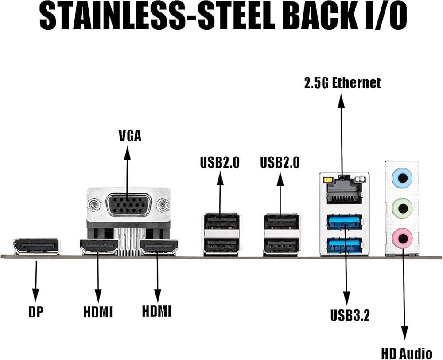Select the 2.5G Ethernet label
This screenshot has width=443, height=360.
click(x=342, y=83)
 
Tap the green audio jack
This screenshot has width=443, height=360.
click(x=402, y=206)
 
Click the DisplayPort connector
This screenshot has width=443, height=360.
click(x=36, y=247)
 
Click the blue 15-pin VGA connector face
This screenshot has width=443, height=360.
click(x=128, y=205)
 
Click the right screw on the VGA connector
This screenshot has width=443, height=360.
click(x=163, y=205)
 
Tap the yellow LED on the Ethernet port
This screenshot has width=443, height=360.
click(x=328, y=180)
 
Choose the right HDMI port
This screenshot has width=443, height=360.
click(x=158, y=247)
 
